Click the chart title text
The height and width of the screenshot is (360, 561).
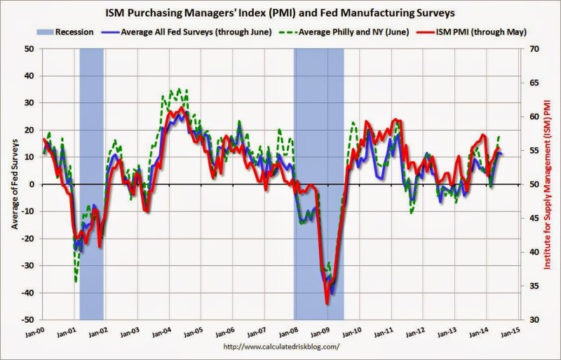280,13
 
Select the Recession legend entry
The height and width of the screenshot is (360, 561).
65,32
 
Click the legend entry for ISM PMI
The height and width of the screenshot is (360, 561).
471,32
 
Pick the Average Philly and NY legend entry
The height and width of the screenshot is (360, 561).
346,32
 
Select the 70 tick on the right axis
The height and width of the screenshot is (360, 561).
531,48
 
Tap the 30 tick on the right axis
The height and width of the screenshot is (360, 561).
531,319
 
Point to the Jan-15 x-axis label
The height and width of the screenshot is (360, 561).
510,332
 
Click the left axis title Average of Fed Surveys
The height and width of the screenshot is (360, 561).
14,184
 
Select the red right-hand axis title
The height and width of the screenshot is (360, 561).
548,184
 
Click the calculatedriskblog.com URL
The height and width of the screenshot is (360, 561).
281,347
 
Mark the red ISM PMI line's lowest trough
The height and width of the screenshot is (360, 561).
327,304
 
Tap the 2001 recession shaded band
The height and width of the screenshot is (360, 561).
92,184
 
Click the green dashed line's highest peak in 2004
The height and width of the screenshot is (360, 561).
179,89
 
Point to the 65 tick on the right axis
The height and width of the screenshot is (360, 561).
531,83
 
